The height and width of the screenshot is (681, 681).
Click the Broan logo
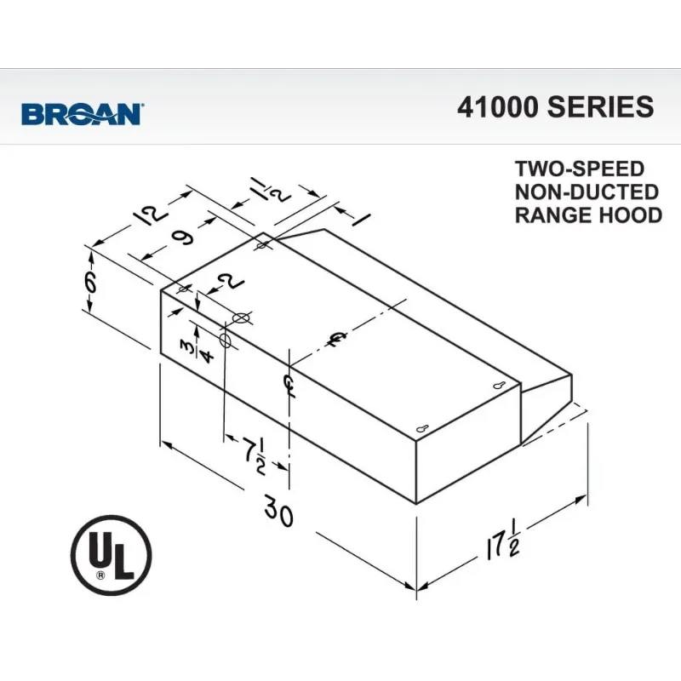[x=82, y=114]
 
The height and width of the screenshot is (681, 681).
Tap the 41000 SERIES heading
[x=555, y=107]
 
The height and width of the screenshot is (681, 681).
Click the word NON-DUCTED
[x=587, y=192]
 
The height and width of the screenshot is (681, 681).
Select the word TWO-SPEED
[x=580, y=169]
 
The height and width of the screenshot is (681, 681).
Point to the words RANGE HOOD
[x=588, y=215]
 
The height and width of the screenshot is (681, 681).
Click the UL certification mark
[x=111, y=558]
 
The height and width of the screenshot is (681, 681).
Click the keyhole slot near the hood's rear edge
[x=501, y=388]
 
